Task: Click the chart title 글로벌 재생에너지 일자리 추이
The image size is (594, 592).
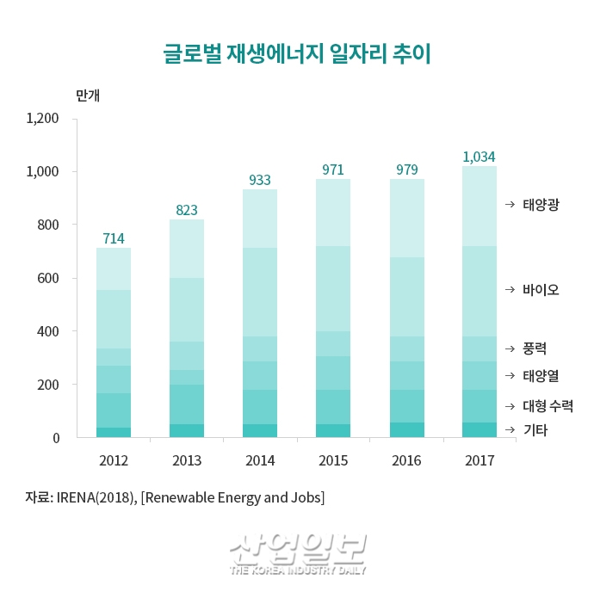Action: pos(297,54)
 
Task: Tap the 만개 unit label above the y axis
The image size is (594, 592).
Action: pos(88,96)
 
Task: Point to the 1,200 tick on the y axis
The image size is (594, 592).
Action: pos(42,119)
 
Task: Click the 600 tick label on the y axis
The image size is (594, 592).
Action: pos(48,278)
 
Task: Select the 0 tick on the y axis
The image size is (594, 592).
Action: pos(55,438)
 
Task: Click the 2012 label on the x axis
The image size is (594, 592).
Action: pos(113,460)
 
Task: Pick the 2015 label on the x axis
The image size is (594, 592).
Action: pos(333,460)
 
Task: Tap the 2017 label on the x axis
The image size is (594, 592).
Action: pos(480,460)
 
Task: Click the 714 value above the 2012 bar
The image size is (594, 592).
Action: pos(114,238)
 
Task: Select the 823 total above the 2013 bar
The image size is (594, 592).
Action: pos(187,209)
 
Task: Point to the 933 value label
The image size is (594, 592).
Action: pos(260,180)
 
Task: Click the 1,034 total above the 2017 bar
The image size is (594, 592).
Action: pos(479,157)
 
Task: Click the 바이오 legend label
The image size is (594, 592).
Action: pos(541,289)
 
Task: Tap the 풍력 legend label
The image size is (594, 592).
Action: pos(535,348)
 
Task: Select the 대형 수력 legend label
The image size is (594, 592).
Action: pos(548,405)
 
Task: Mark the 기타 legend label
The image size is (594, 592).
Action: pos(535,429)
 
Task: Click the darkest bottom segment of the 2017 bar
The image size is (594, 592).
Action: pos(480,429)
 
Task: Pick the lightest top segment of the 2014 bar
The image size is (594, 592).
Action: pos(260,219)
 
